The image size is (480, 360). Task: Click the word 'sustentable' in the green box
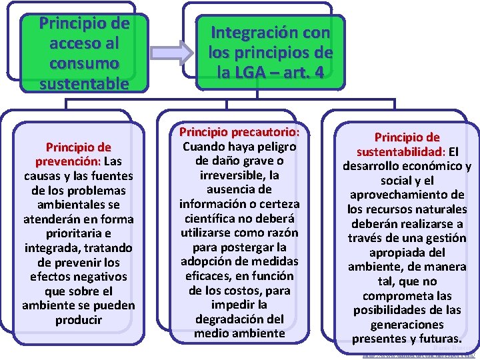[x=83, y=84]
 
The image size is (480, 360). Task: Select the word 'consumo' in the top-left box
[x=83, y=63]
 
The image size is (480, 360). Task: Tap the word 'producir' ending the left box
[x=79, y=320]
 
